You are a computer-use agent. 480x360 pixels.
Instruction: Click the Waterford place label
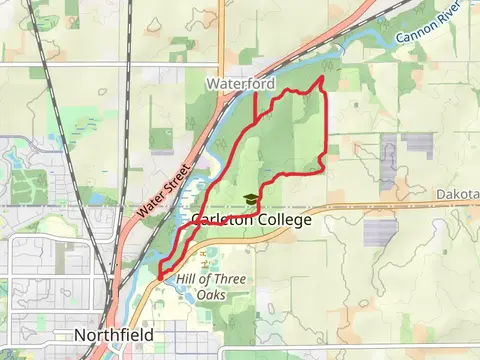[x=240, y=85]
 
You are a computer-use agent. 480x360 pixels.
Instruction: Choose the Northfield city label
[x=113, y=334]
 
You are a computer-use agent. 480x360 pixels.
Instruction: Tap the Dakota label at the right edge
[x=458, y=194]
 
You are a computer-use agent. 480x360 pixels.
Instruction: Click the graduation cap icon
[x=249, y=200]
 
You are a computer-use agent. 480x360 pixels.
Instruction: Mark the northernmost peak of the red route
[x=321, y=76]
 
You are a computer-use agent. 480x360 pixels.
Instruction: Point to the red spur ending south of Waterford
[x=256, y=118]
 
